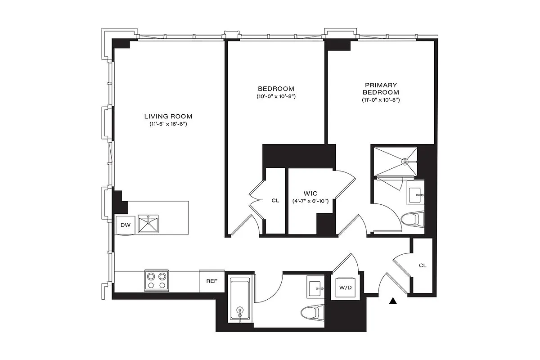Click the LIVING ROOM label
click(x=168, y=116)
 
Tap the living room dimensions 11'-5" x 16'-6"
click(x=168, y=124)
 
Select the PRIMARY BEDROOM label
click(x=381, y=88)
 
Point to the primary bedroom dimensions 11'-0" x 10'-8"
click(x=381, y=99)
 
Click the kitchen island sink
click(x=148, y=224)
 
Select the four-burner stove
click(x=157, y=280)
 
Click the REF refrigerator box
click(x=211, y=281)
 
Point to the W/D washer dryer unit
click(x=345, y=287)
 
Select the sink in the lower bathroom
click(x=317, y=287)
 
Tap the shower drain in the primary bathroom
click(x=404, y=160)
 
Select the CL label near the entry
click(x=422, y=265)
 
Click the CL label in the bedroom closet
click(x=275, y=201)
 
